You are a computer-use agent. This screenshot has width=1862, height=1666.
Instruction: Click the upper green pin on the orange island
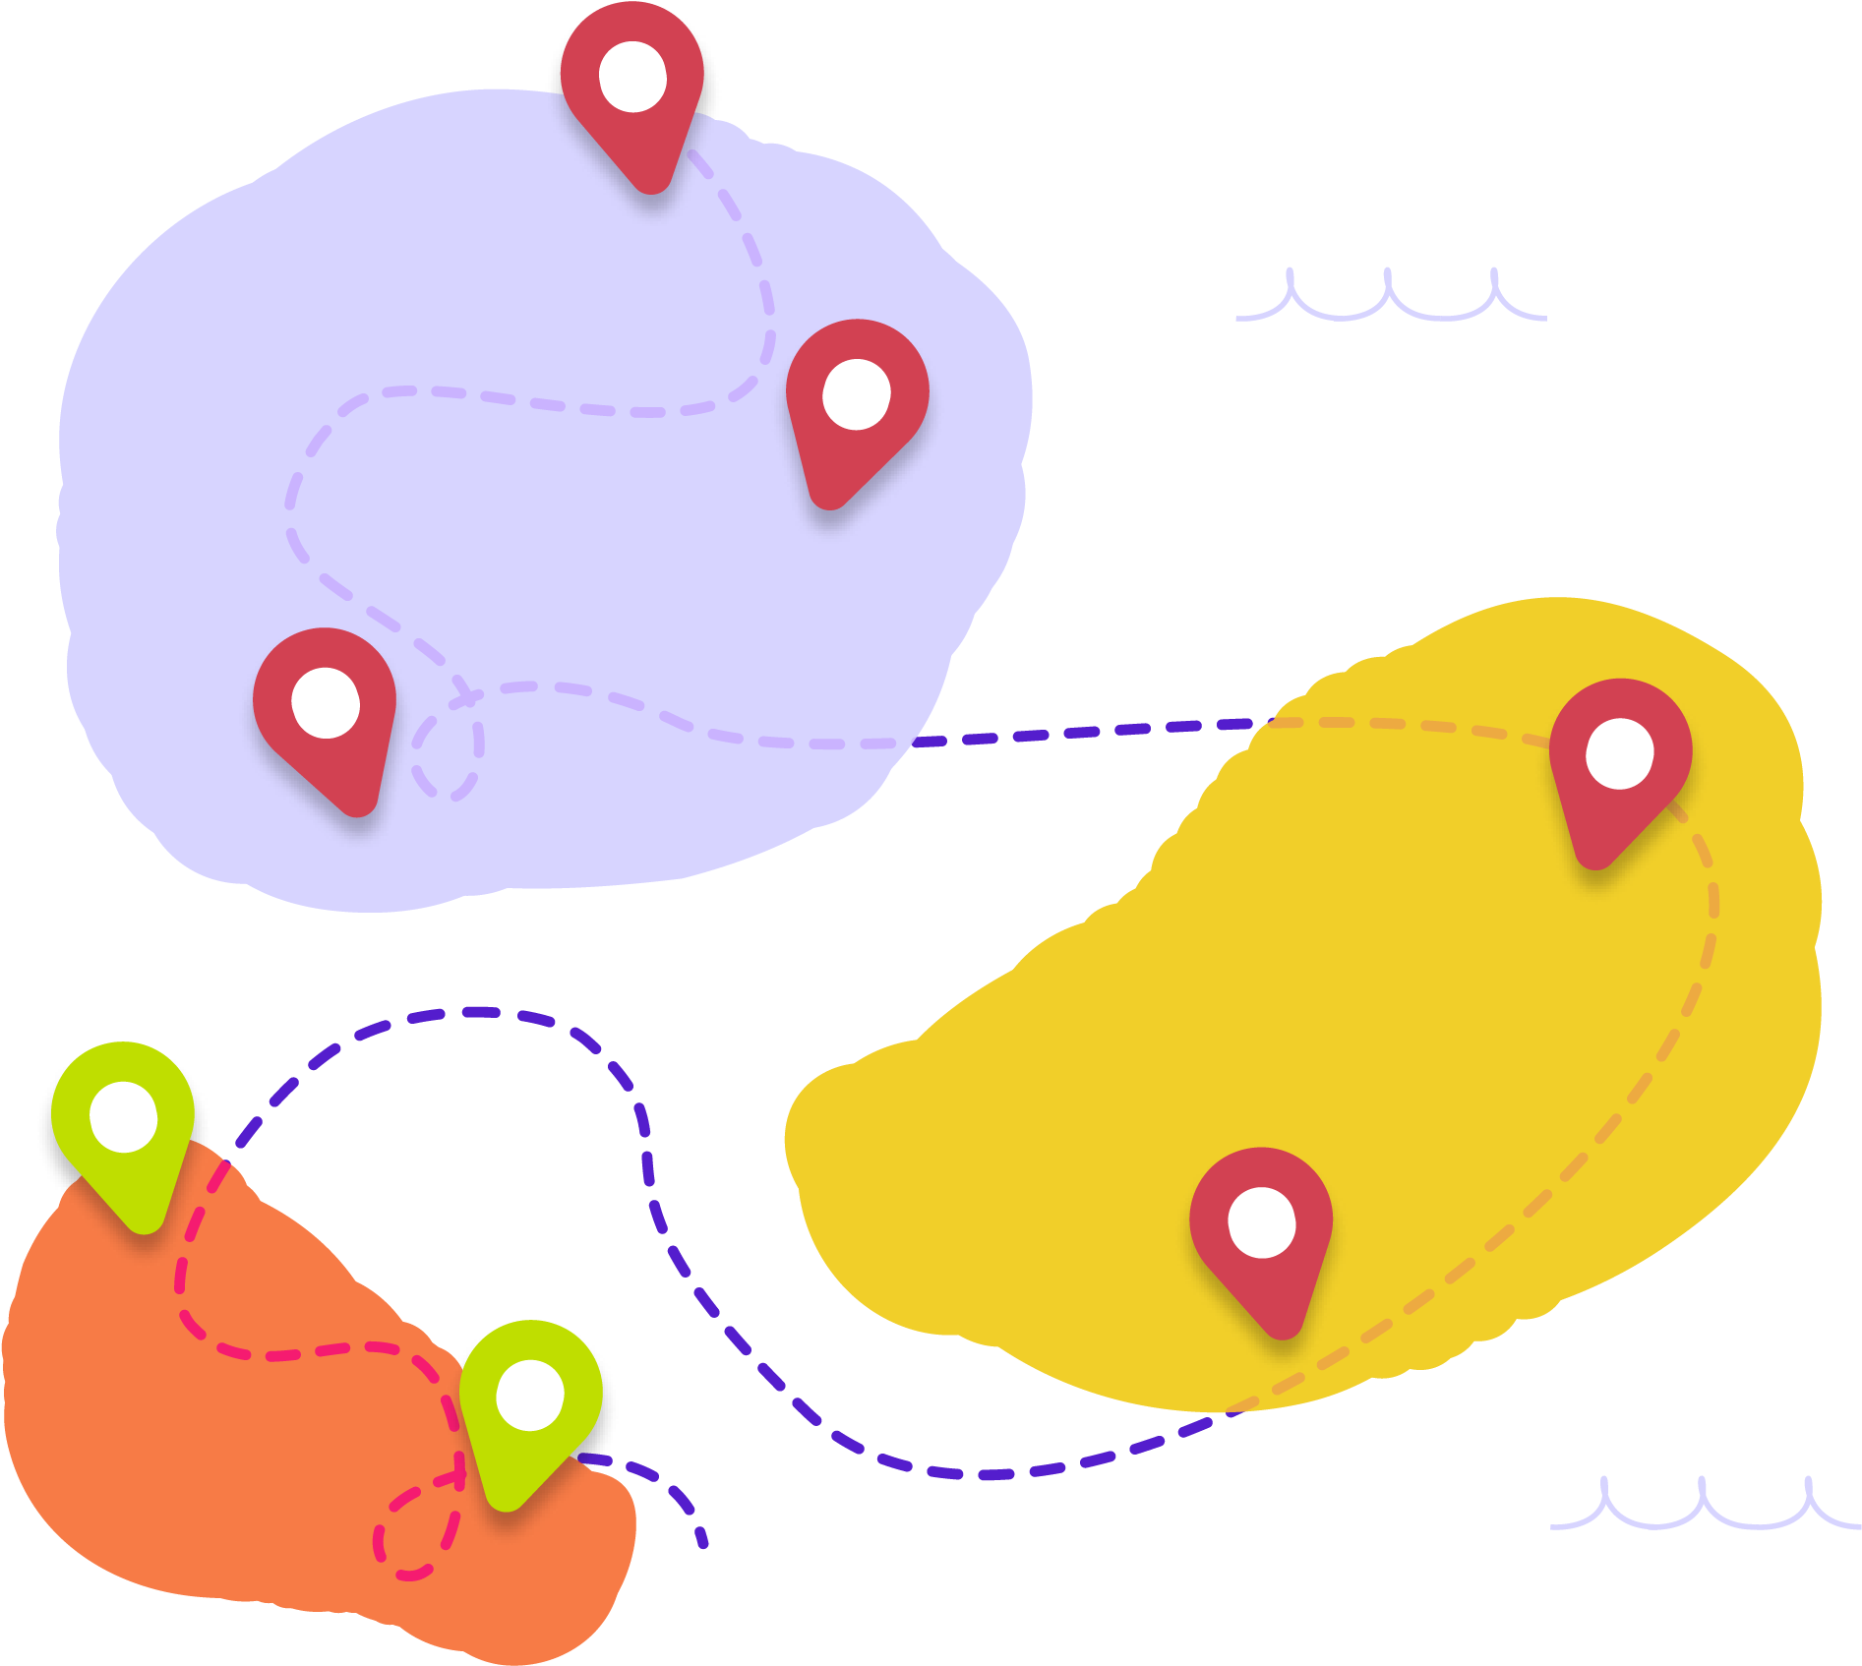[124, 1131]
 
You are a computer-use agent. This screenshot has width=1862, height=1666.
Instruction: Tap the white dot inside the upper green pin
[124, 1116]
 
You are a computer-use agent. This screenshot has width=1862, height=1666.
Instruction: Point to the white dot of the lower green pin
[530, 1395]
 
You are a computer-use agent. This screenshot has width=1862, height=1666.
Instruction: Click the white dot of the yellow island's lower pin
[1262, 1222]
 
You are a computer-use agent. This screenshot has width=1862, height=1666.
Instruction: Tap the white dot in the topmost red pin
[632, 77]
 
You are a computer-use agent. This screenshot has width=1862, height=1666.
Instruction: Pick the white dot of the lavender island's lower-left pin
[326, 702]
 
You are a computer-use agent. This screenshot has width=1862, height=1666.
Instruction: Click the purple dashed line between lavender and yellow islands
[1082, 732]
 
